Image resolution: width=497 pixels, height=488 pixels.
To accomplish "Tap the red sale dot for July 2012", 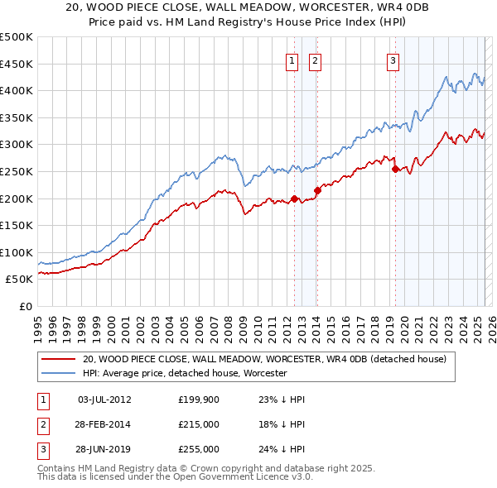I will click(x=294, y=199).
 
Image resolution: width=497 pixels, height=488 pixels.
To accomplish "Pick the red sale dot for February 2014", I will click(x=317, y=190).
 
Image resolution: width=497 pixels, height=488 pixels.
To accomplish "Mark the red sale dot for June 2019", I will click(x=395, y=169).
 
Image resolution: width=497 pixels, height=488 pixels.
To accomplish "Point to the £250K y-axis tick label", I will click(x=17, y=171).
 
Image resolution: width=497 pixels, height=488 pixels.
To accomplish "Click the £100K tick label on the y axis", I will click(x=17, y=252).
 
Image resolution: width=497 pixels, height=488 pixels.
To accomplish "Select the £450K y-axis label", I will click(x=17, y=64).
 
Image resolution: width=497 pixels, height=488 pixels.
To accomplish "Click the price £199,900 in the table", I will click(x=198, y=399).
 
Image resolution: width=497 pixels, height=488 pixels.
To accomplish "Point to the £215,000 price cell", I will click(x=198, y=424).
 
